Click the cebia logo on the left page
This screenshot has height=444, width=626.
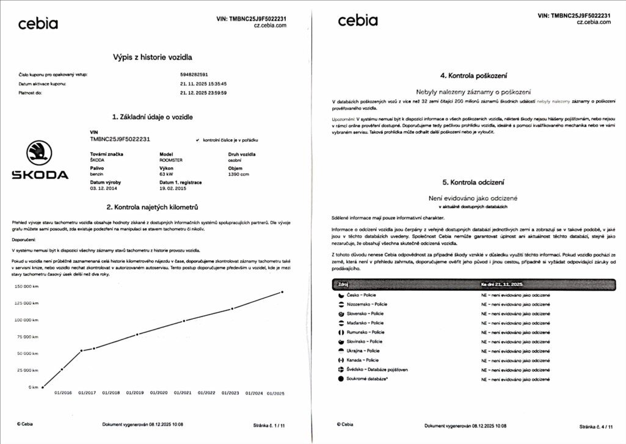(x=38, y=24)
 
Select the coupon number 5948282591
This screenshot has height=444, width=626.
(x=194, y=75)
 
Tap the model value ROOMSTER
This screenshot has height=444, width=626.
(x=171, y=160)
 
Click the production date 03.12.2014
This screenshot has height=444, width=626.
(x=102, y=188)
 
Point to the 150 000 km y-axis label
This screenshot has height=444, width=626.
(x=26, y=286)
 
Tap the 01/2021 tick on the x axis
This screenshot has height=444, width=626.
(x=183, y=393)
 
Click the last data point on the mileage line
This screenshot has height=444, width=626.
(x=282, y=292)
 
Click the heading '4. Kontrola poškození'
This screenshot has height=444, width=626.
(x=473, y=76)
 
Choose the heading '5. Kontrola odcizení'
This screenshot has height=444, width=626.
(x=473, y=182)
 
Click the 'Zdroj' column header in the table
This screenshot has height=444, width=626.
(x=344, y=285)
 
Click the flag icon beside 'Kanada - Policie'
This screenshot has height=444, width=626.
(x=341, y=360)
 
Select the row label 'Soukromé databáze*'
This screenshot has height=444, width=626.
(x=369, y=379)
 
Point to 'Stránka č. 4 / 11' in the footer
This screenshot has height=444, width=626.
(x=595, y=426)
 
